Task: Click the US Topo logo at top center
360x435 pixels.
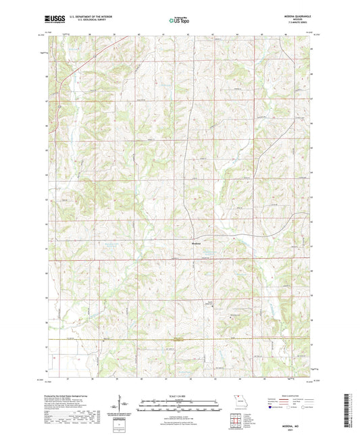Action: point(180,20)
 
